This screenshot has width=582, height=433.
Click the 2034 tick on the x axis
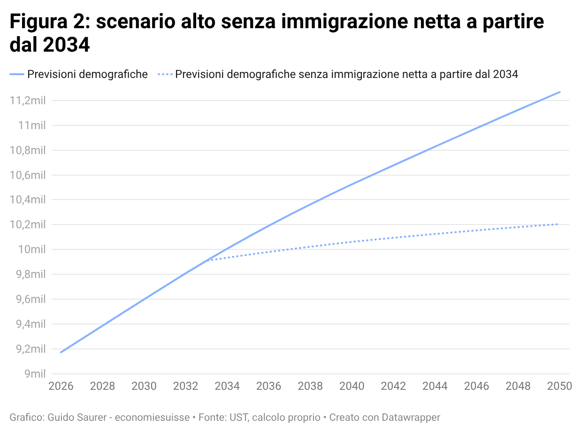(227, 386)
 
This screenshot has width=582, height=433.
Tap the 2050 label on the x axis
(559, 386)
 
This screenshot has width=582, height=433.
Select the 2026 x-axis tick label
(61, 386)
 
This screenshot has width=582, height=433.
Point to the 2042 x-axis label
(393, 386)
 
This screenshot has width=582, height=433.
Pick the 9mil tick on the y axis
(35, 374)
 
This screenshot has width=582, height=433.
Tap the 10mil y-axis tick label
(32, 249)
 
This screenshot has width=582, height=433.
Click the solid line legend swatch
(17, 74)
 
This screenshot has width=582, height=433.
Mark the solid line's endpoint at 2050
(559, 92)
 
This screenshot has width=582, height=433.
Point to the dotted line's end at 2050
(558, 224)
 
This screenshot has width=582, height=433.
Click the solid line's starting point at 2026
(61, 352)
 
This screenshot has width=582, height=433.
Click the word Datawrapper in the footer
(411, 417)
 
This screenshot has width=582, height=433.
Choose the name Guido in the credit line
(60, 417)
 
